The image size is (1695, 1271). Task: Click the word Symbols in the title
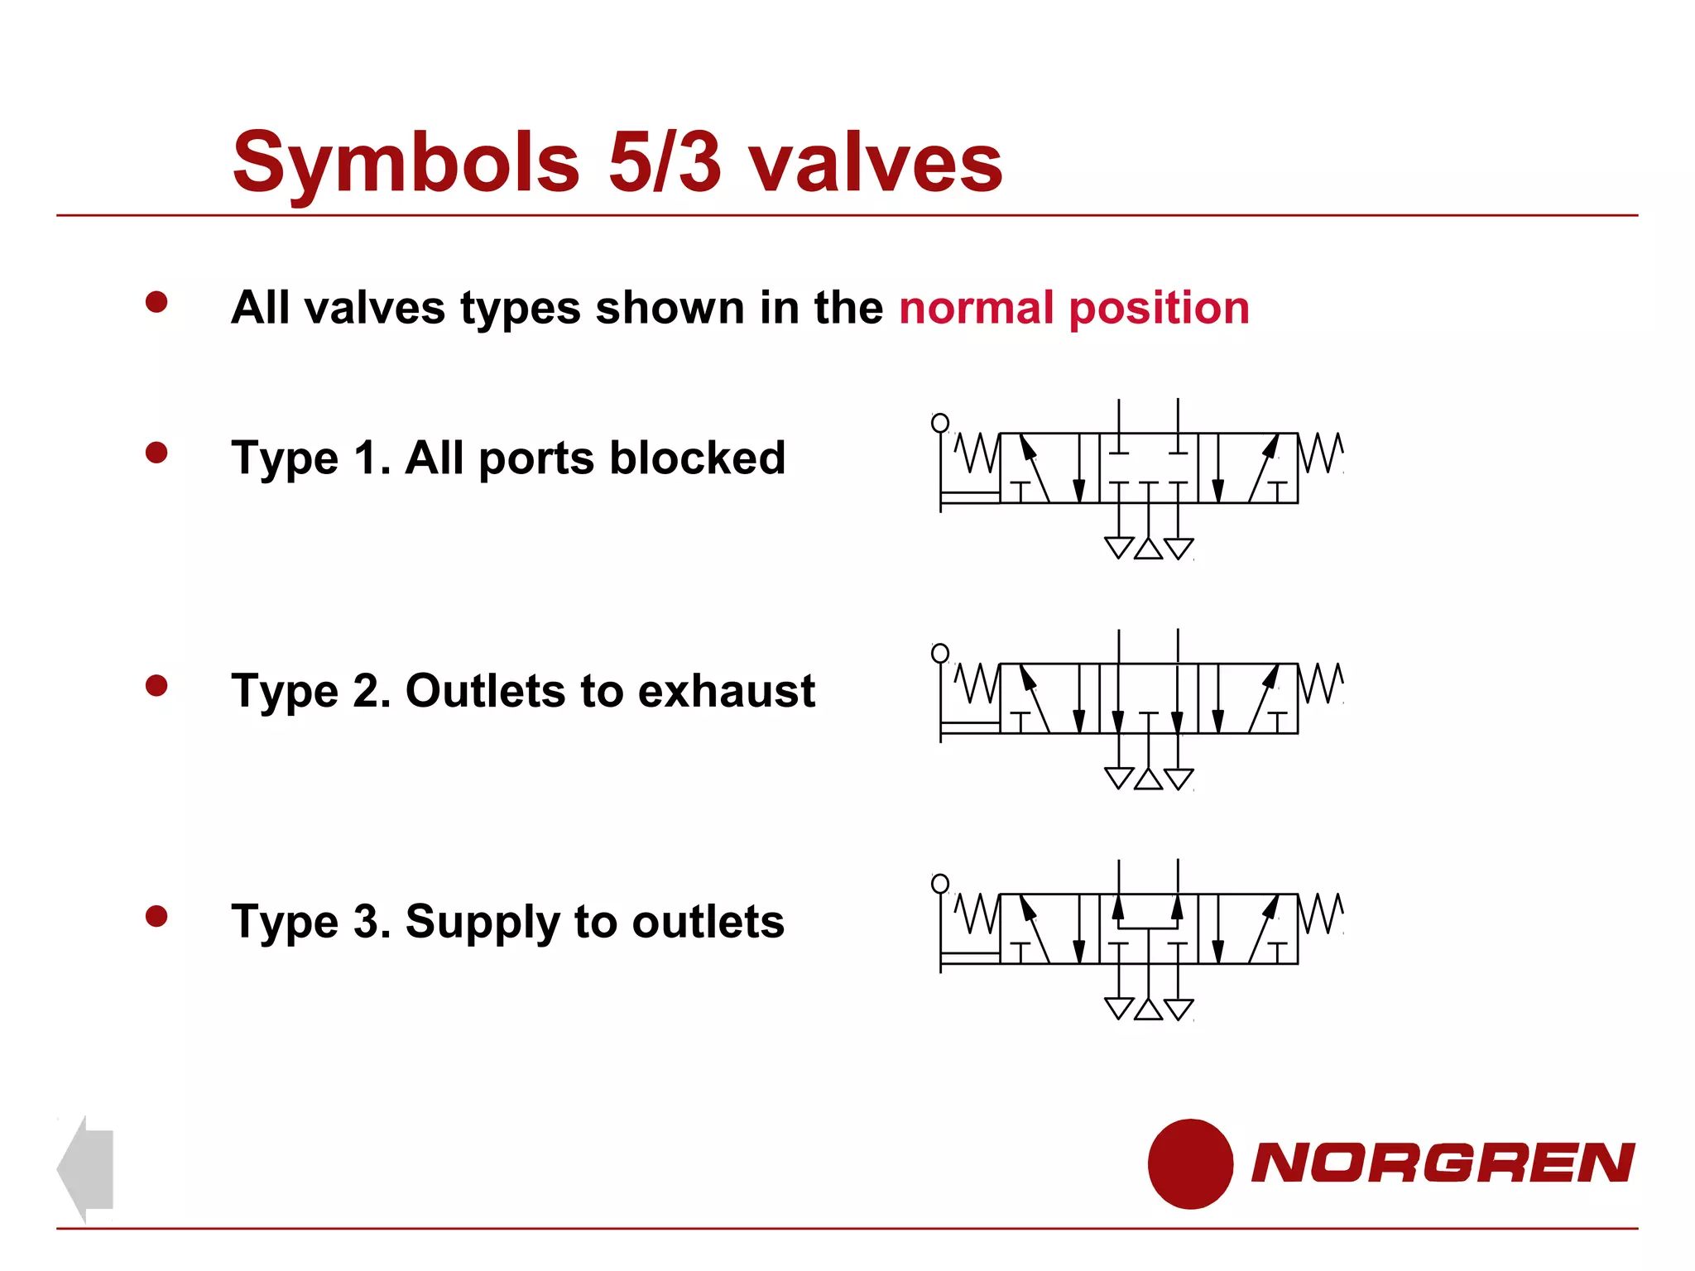tap(406, 163)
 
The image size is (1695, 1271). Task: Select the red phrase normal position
tap(1073, 308)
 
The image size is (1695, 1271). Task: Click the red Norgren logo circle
tap(1190, 1163)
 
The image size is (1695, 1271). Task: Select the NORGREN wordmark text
tap(1443, 1163)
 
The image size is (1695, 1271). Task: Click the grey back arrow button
tap(86, 1168)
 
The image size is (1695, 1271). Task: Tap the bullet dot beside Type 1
tap(156, 452)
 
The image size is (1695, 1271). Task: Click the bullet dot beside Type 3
tap(156, 915)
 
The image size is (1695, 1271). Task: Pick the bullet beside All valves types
tap(156, 301)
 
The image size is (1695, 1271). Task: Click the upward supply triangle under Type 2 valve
tap(1148, 779)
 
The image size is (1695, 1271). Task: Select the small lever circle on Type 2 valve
tap(940, 654)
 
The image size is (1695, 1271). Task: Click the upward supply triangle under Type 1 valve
tap(1148, 549)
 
